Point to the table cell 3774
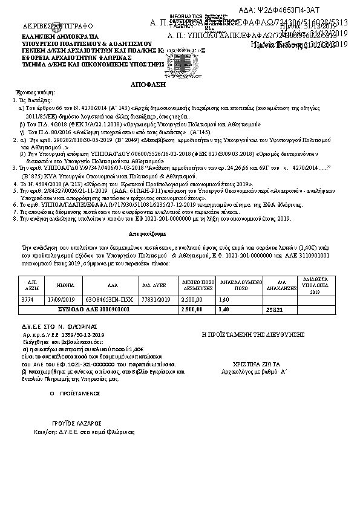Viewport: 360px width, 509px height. [27, 299]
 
